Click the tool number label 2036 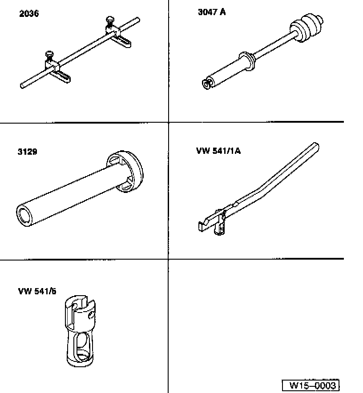(x=29, y=14)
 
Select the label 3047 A (x=212, y=12)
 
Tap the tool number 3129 (x=28, y=152)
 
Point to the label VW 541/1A (x=218, y=151)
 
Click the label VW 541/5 (x=37, y=292)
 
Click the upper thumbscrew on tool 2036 (x=109, y=21)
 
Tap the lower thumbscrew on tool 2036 (x=48, y=56)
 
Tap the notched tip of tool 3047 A (x=206, y=82)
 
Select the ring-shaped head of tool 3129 (x=126, y=172)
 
